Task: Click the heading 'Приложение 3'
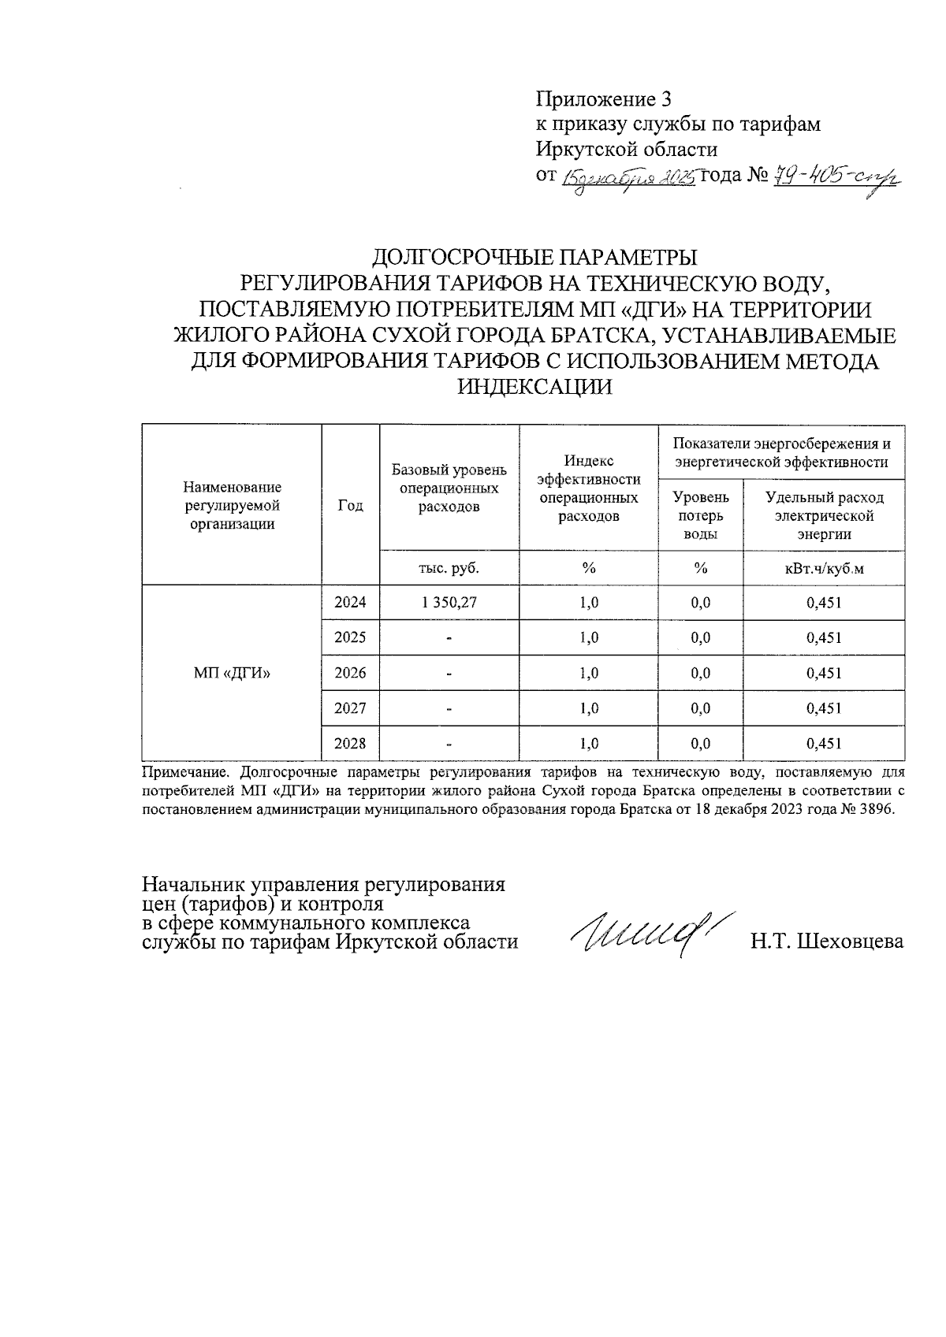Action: tap(603, 99)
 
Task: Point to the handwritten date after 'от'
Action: tap(628, 177)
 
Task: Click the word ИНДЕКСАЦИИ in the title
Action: tap(534, 388)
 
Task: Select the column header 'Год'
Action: tap(350, 506)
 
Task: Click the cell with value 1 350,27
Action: tap(449, 603)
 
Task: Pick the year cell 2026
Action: tap(350, 673)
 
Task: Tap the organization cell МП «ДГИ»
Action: tap(232, 673)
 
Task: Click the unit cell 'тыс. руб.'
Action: tap(449, 568)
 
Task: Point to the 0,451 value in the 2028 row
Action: tap(824, 743)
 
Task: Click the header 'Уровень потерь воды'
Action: tap(700, 515)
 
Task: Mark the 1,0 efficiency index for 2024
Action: tap(588, 603)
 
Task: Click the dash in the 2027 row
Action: tap(449, 709)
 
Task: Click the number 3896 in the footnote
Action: tap(878, 811)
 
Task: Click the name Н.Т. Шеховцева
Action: tap(827, 941)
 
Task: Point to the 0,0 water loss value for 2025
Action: tap(700, 637)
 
